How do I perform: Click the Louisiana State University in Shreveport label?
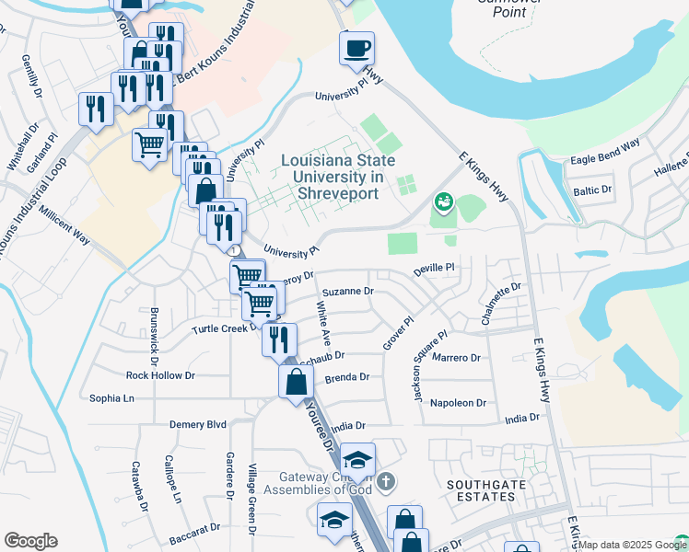[338, 178]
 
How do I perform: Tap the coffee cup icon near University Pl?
[356, 48]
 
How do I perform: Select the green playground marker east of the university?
[443, 200]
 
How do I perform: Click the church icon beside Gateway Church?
[386, 481]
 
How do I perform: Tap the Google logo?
[30, 541]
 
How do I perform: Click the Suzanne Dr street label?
[347, 291]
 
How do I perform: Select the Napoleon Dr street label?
[458, 403]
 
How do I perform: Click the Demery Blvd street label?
[197, 424]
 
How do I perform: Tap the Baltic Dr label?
[592, 191]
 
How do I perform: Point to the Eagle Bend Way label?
[605, 153]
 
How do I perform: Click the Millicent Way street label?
[64, 225]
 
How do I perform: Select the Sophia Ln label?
[111, 398]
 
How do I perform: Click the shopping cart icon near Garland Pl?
[149, 144]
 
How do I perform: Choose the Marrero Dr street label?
[456, 357]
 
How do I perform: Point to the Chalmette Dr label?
[501, 305]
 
